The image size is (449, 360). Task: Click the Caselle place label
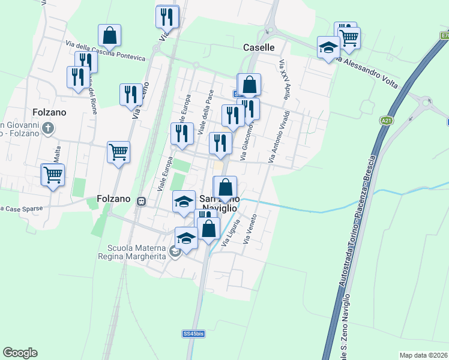pos(259,47)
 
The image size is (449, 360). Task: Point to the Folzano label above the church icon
pos(46,112)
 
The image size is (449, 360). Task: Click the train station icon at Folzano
pos(142,201)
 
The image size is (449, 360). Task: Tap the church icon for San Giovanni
pos(49,128)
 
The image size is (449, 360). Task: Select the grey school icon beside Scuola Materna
pos(175,253)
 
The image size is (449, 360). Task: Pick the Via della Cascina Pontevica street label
pos(105,50)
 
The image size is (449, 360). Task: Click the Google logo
pos(20,353)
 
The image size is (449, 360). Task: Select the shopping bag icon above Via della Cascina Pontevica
pos(109,37)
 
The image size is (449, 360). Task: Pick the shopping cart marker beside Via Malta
pos(53,175)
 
